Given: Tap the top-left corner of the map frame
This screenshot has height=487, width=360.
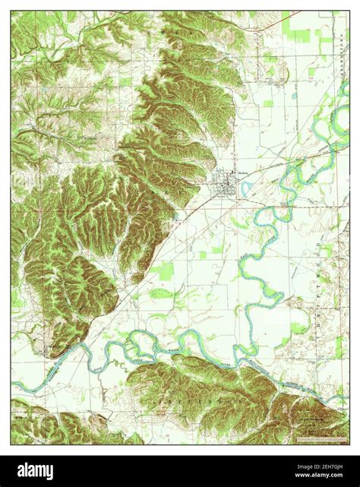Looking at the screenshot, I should tap(11, 11).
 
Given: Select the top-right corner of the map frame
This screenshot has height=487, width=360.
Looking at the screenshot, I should tap(350, 11).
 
